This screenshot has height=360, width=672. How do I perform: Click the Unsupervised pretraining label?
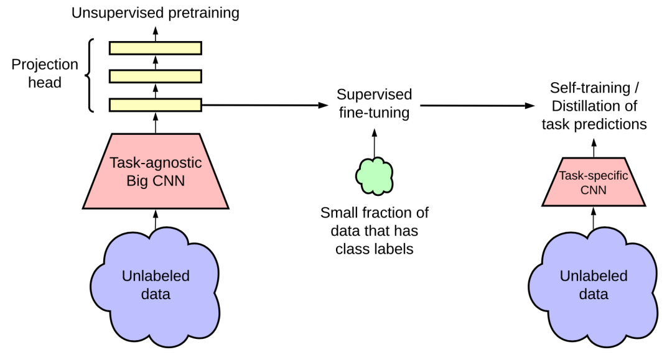point(155,12)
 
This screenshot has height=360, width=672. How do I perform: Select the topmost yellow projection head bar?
point(156,48)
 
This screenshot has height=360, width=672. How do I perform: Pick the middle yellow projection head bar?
point(156,76)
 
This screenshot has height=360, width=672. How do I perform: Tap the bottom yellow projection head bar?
point(156,104)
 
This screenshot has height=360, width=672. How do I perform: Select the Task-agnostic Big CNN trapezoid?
point(156,170)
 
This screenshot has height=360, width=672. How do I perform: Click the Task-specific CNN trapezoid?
point(594,182)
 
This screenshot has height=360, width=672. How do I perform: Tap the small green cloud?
point(374,175)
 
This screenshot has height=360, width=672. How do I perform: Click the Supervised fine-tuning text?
point(374,104)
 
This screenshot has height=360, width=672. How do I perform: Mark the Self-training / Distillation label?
point(594,106)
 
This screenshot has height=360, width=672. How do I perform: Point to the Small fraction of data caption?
point(374,231)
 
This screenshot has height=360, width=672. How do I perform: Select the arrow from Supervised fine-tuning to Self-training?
point(479,105)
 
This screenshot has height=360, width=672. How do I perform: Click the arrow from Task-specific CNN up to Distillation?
point(594,147)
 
